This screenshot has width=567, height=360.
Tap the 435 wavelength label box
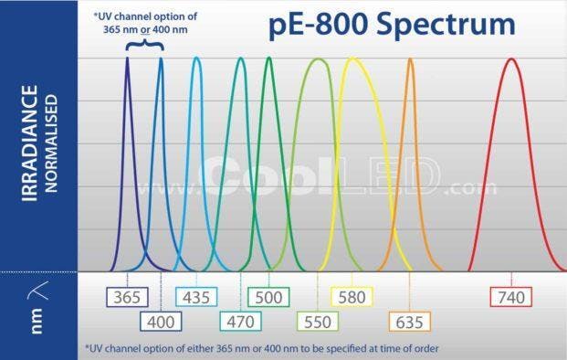click(195, 297)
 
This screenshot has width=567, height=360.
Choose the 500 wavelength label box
click(269, 297)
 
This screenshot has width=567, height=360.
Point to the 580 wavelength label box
click(351, 297)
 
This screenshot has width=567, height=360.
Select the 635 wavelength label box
click(408, 321)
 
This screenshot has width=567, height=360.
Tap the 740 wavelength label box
click(511, 297)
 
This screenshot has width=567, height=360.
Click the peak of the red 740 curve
click(511, 59)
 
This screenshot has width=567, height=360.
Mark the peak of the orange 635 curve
click(410, 59)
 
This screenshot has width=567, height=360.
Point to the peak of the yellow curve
click(352, 59)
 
